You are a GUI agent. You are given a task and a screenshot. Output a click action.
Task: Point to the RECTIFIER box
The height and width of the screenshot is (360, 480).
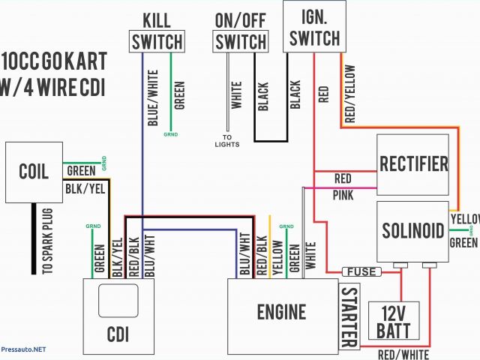[413, 163]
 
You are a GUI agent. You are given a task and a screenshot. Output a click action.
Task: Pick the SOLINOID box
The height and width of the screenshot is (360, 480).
[413, 230]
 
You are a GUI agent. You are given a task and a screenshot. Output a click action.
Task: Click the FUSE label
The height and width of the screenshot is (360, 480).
[359, 271]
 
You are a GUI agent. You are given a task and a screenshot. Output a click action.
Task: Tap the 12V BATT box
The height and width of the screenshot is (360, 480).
[393, 321]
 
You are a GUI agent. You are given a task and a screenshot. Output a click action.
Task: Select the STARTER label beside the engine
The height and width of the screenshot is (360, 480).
[349, 317]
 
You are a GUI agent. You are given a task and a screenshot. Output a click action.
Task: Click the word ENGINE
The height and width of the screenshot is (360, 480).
[281, 312]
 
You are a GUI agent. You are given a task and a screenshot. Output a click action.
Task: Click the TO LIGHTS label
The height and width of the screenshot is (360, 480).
[226, 140]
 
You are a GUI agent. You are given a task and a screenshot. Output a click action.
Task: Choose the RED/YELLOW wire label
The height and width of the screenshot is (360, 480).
[349, 94]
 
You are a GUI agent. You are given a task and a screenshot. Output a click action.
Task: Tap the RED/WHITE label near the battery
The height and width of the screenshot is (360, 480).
[403, 353]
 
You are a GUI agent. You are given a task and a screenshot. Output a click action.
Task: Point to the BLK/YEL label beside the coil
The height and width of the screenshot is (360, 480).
[84, 187]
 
